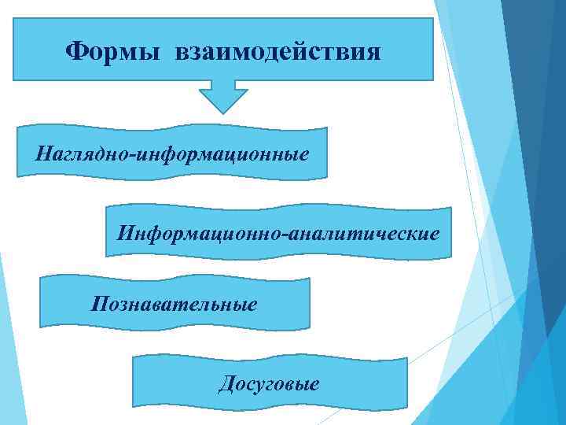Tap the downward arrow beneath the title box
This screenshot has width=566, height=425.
click(x=223, y=96)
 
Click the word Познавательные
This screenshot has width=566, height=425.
click(x=174, y=303)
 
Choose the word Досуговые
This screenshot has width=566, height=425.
click(x=269, y=384)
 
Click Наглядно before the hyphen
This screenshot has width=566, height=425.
click(x=83, y=150)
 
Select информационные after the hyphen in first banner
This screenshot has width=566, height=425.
click(x=222, y=150)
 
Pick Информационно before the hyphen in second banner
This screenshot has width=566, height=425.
click(x=202, y=234)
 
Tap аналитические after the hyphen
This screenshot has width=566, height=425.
click(x=366, y=234)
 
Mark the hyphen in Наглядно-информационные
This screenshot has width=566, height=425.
click(x=134, y=152)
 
